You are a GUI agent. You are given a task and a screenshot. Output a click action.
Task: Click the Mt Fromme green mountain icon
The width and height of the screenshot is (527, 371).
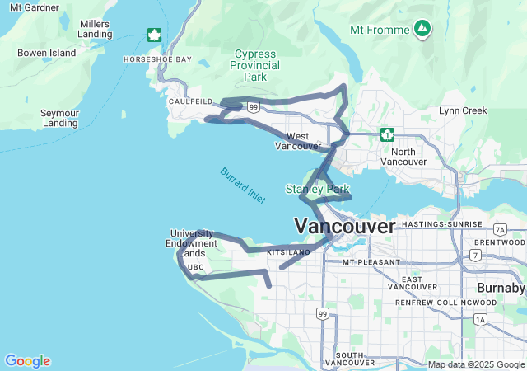click(x=422, y=29)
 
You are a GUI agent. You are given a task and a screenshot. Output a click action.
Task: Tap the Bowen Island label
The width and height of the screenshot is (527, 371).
click(x=46, y=53)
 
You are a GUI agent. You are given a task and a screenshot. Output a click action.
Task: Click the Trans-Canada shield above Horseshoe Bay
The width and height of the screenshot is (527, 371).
click(x=154, y=35)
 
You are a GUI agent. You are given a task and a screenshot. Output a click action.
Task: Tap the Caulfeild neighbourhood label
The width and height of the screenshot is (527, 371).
click(x=190, y=101)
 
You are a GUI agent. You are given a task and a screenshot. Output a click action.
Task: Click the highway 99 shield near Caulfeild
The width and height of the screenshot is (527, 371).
click(x=254, y=106)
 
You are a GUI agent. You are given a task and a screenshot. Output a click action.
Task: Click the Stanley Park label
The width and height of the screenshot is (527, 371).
click(x=317, y=190)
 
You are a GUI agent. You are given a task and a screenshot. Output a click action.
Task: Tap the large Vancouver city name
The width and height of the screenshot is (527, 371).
click(x=344, y=225)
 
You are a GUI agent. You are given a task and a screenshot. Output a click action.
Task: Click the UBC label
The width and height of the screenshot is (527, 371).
click(x=196, y=267)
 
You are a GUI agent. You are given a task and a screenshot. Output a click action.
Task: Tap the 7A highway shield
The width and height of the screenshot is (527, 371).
click(x=500, y=229)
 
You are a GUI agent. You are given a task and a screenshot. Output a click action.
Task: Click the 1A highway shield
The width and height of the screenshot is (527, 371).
click(x=480, y=318)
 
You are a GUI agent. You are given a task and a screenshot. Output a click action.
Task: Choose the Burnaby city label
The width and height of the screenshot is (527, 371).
click(x=501, y=288)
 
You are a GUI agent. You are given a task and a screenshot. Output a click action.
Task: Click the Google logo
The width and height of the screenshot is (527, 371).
click(x=27, y=361)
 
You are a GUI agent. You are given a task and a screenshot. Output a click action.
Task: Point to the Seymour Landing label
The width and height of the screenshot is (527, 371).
click(x=49, y=117)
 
